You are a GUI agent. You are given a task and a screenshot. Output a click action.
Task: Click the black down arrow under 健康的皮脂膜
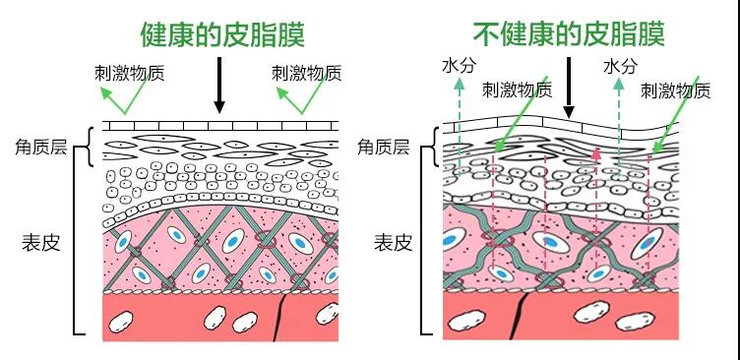pyautogui.click(x=220, y=87)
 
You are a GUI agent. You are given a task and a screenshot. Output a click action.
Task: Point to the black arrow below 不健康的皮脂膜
pyautogui.click(x=568, y=96)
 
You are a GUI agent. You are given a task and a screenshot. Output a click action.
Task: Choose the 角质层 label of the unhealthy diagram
pyautogui.click(x=384, y=148)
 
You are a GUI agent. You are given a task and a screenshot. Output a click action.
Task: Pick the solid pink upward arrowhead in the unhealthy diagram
pyautogui.click(x=596, y=153)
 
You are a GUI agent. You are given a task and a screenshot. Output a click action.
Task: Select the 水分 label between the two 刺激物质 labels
pyautogui.click(x=620, y=66)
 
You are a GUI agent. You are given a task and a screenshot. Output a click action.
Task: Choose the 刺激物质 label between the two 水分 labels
pyautogui.click(x=518, y=90)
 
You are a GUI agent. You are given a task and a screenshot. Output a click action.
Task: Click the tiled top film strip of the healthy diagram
pyautogui.click(x=220, y=126)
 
